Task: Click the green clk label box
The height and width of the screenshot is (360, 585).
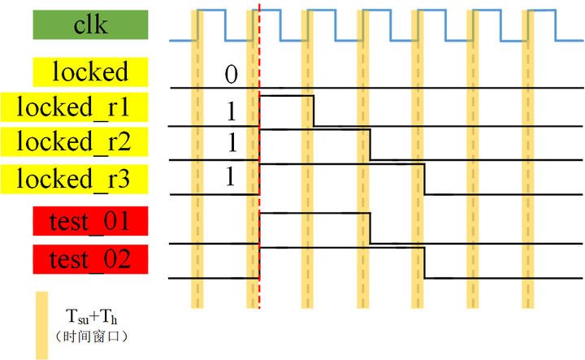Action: (91, 25)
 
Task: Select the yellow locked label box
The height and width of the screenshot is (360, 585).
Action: (91, 72)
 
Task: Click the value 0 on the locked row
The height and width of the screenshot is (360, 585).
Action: (231, 76)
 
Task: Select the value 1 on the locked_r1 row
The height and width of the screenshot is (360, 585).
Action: (231, 108)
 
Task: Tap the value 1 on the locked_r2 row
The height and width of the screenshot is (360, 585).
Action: (231, 142)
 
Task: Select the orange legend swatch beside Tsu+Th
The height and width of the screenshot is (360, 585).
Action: (42, 325)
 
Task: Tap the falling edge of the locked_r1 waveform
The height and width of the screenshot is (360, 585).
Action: (314, 111)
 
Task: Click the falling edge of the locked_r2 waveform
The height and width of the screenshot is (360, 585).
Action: (370, 145)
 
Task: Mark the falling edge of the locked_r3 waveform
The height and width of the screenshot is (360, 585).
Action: (426, 178)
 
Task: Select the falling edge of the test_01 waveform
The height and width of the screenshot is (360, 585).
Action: (370, 228)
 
